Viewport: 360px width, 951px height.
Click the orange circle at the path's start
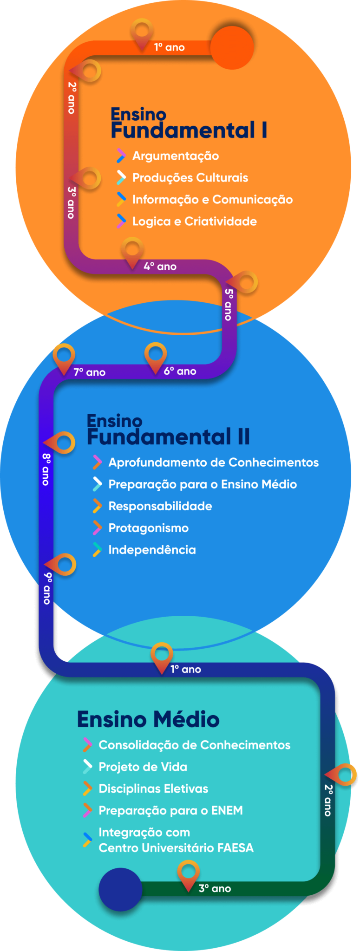(x=232, y=47)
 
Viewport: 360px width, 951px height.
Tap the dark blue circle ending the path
(x=120, y=889)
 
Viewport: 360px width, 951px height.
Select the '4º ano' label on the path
(x=160, y=267)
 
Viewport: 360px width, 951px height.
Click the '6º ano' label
(x=180, y=371)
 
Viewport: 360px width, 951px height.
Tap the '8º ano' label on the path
(x=46, y=469)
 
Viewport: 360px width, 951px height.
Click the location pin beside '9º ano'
(x=62, y=565)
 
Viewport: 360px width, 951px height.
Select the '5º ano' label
(x=229, y=305)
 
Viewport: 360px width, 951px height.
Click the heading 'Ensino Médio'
(x=148, y=719)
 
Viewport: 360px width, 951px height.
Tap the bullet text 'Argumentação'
(x=176, y=156)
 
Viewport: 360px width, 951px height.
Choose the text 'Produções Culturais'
(x=190, y=178)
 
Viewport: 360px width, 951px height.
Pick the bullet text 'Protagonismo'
(x=149, y=528)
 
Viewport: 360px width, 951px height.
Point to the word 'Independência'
(x=152, y=550)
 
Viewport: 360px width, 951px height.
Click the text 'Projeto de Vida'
(x=143, y=767)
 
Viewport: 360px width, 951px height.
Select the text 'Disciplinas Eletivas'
(x=153, y=788)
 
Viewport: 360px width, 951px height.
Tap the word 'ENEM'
(x=227, y=810)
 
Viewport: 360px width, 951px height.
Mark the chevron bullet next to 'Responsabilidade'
(x=97, y=506)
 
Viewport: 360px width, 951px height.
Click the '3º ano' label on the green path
(x=215, y=888)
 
